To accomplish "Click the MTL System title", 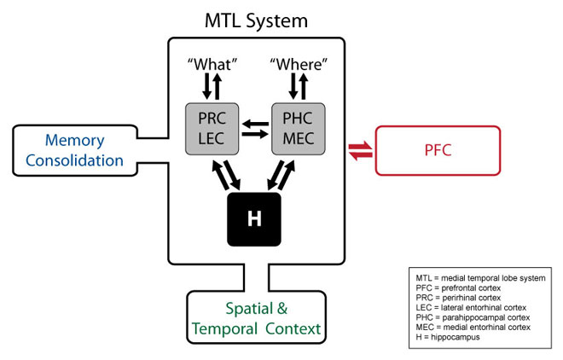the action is pos(256,20).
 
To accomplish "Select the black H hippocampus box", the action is pos(254,219).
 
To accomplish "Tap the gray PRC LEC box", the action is pos(212,129).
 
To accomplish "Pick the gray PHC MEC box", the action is pos(299,129).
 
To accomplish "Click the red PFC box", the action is pos(438,150).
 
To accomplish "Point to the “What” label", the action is pos(212,65).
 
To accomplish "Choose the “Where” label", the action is pos(299,65).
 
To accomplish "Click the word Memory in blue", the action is pos(75,141).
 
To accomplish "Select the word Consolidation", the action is pos(75,160).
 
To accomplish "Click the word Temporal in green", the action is pos(224,329).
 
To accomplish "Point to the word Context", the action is pos(293,328).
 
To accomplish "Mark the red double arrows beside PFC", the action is pos(361,151).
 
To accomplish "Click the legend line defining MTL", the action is pos(480,278).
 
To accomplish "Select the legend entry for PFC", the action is pos(458,287).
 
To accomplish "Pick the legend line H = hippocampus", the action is pos(447,337).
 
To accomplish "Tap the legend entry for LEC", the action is pos(471,308).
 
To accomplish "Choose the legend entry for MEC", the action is pos(473,328).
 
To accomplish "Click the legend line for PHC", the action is pos(473,317).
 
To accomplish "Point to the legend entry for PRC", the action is pos(458,298).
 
